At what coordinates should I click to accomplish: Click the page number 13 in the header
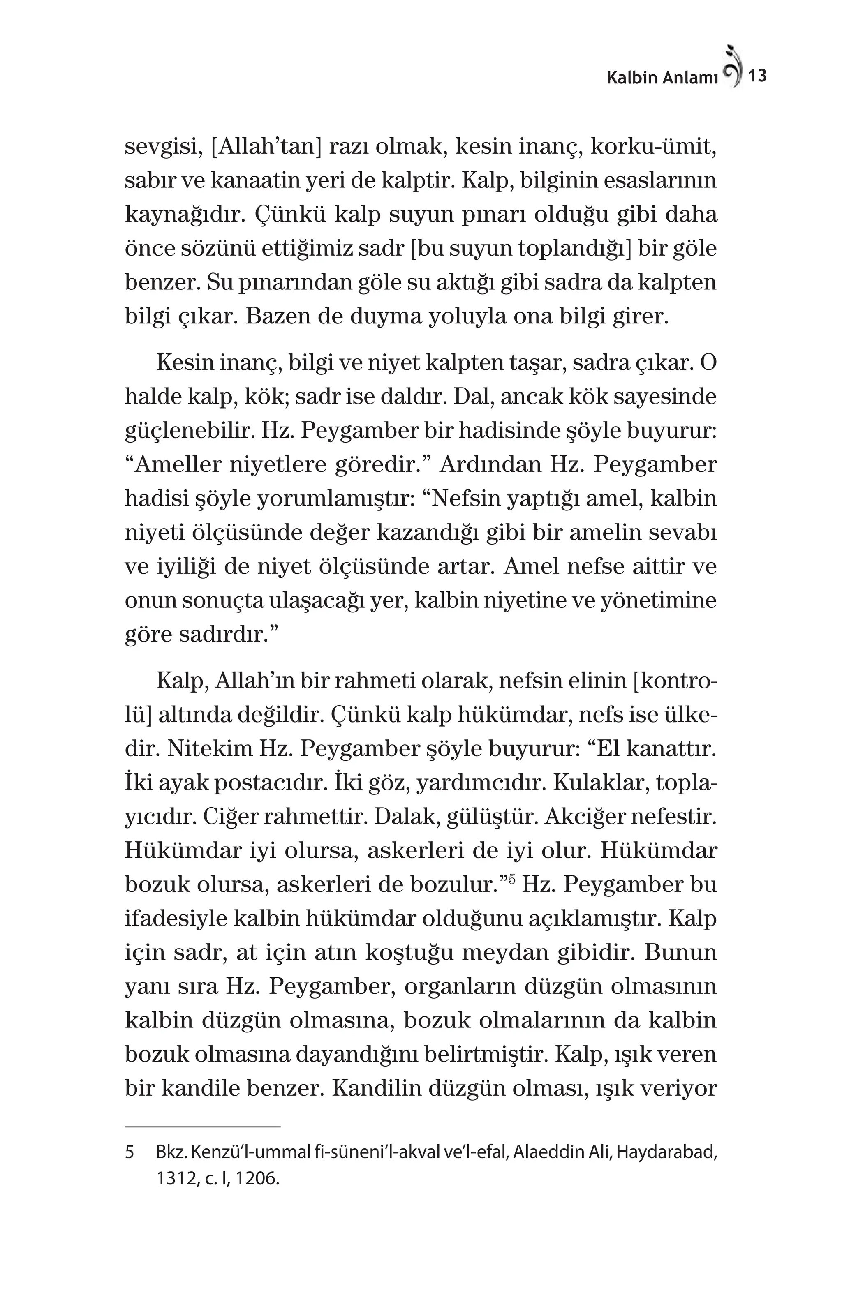(757, 76)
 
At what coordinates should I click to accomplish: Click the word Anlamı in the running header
(690, 78)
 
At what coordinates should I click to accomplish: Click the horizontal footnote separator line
(202, 1126)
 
